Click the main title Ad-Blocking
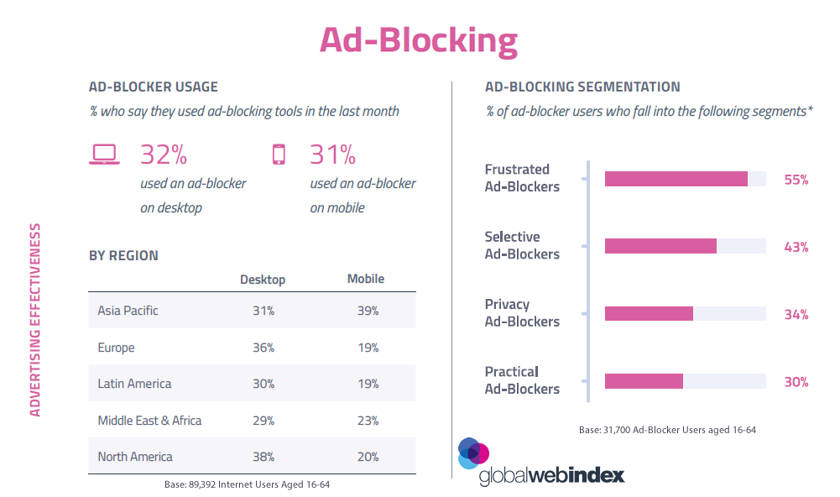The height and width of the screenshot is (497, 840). point(418,39)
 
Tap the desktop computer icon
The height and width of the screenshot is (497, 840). point(105,154)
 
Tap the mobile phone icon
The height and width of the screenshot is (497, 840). point(279,154)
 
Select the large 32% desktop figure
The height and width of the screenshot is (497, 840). point(164,154)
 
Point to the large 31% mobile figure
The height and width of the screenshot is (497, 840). point(333,154)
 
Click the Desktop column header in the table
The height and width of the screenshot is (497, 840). point(263,280)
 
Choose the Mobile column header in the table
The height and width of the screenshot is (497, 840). point(366,280)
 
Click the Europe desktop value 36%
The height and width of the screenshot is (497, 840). point(263,348)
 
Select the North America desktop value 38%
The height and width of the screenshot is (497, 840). point(263,457)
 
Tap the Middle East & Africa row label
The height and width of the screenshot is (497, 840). point(149,421)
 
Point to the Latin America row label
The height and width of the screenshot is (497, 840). point(134,384)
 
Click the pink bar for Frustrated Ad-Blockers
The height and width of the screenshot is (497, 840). point(676,179)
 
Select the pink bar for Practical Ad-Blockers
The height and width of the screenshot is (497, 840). point(644,381)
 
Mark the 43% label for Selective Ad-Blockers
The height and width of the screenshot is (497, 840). point(796,247)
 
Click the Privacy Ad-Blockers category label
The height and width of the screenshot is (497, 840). point(522,313)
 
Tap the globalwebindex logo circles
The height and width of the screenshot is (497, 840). point(472,453)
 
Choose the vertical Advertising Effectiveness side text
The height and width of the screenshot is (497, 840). point(35,319)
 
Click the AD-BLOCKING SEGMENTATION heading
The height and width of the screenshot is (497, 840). point(582,86)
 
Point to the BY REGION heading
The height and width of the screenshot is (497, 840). point(123,255)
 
